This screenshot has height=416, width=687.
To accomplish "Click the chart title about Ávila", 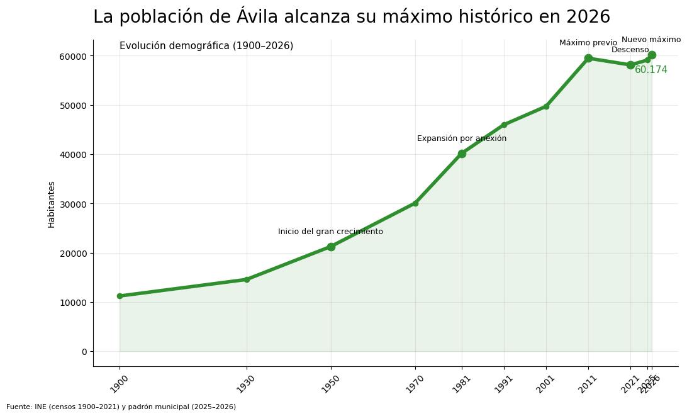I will coord(351,17).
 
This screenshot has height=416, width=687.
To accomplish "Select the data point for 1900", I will coord(120,296).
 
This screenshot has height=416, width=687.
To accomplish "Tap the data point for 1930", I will coord(247,279).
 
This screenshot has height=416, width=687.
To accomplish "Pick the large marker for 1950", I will coord(331,247).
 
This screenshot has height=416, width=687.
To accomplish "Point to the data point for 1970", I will coord(415,203).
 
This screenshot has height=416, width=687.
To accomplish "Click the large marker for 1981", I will coord(462,154).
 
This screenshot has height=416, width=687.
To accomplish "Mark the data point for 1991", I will coord(504,125).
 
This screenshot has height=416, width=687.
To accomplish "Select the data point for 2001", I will coord(546,106).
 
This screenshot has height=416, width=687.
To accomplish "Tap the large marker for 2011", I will coord(588,58).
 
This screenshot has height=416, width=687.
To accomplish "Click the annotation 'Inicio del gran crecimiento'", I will coord(330,232).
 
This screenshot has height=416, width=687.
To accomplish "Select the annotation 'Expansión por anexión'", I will coord(461,138).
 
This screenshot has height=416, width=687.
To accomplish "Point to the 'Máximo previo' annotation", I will coord(588,43).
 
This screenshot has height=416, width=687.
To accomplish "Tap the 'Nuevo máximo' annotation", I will coord(651,40).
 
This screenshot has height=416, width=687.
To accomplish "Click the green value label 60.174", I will coord(651,70).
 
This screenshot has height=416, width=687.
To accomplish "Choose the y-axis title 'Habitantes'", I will coord(52,204).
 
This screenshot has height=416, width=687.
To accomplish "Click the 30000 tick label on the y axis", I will coord(74,204).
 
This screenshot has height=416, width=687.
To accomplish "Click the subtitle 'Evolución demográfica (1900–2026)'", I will coord(206,46).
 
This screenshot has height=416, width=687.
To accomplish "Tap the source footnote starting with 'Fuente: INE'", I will coord(121,407).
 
